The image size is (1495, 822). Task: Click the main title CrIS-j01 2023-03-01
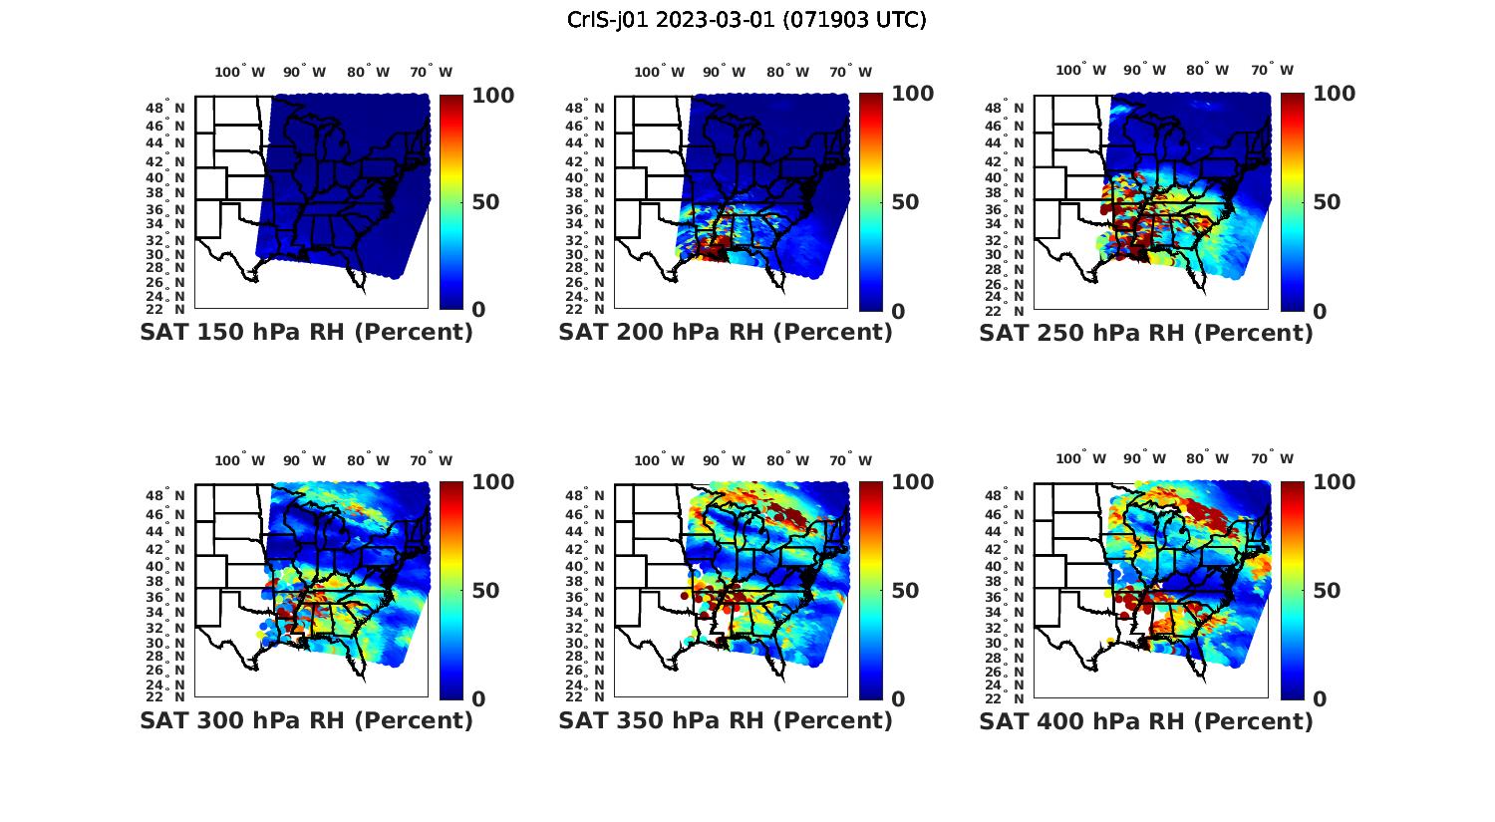tap(747, 20)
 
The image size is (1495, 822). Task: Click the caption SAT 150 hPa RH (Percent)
tap(306, 333)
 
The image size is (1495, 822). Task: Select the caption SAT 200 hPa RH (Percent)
tap(726, 333)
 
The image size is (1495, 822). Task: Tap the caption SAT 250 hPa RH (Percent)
tap(1146, 333)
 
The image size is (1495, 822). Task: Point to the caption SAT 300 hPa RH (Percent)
tap(306, 720)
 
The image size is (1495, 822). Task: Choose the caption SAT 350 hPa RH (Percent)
tap(726, 720)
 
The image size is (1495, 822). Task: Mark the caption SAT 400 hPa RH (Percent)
tap(1146, 720)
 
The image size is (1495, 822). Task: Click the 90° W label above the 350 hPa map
tap(724, 460)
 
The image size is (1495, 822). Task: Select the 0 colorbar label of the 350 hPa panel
tap(898, 699)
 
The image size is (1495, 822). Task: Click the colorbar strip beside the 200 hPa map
tap(871, 202)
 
